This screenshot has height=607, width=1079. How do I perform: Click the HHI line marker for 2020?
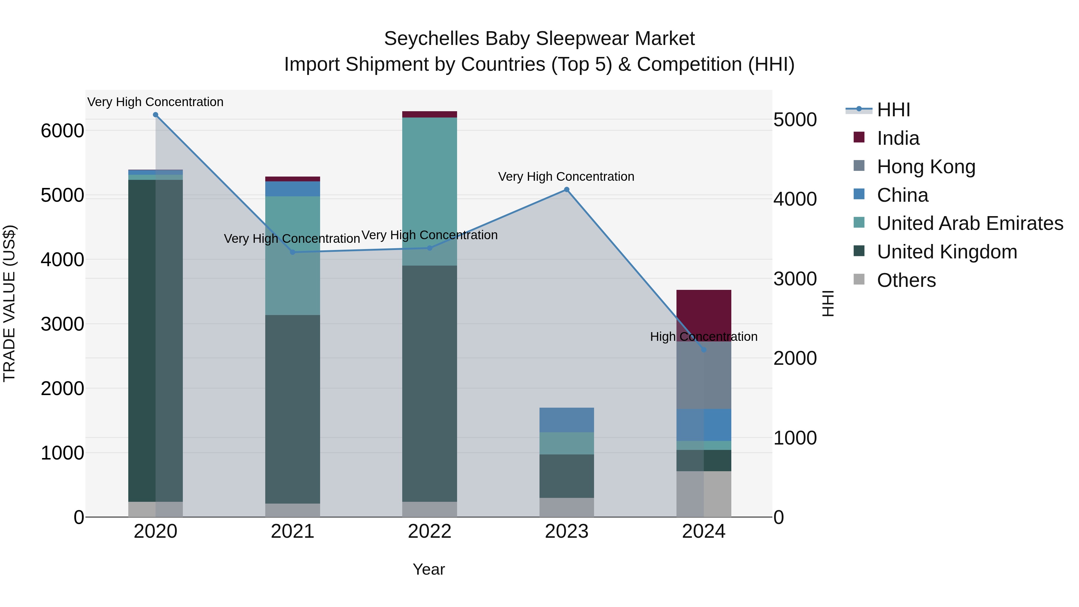(x=155, y=115)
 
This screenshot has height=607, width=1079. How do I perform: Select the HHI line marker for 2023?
(x=566, y=190)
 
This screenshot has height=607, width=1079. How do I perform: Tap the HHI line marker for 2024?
(x=704, y=350)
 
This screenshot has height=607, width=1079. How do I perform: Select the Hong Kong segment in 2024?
(x=704, y=375)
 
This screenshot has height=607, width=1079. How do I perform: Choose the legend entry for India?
(x=898, y=138)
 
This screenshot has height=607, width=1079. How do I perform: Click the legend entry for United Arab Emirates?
(x=970, y=223)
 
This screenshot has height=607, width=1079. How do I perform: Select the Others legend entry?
(x=906, y=280)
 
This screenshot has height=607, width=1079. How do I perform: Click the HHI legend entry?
(x=893, y=110)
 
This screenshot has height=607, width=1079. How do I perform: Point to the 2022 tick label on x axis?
(x=429, y=531)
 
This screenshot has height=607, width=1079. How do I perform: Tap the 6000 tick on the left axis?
(x=62, y=131)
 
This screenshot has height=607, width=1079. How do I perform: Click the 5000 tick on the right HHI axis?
(x=795, y=120)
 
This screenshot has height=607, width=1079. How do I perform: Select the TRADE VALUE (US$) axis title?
(x=9, y=303)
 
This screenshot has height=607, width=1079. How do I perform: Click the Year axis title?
(x=429, y=569)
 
